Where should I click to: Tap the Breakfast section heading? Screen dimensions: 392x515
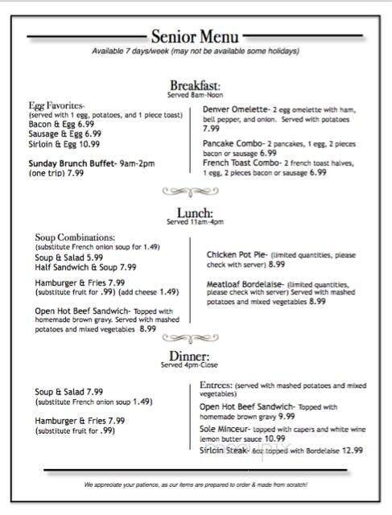(x=195, y=86)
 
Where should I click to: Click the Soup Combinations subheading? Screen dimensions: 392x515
(x=73, y=237)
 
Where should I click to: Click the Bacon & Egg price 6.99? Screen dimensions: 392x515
(x=88, y=125)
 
